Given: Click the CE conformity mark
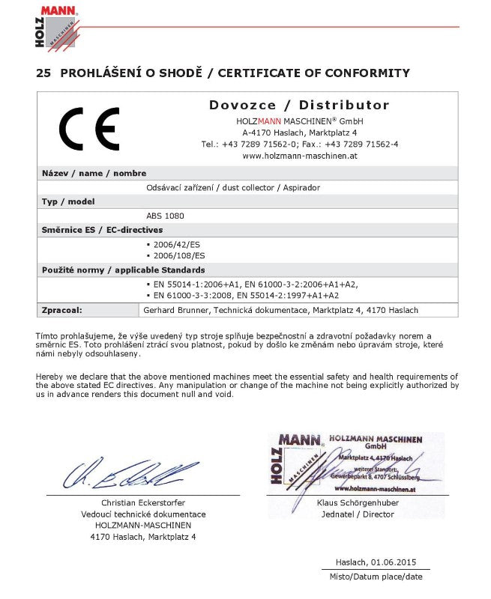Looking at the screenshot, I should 89,130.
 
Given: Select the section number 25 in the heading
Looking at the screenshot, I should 43,73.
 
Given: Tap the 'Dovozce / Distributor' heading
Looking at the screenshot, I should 299,105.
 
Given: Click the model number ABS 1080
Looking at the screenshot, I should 165,216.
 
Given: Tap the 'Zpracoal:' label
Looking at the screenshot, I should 61,310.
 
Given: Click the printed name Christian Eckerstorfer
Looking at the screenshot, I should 143,502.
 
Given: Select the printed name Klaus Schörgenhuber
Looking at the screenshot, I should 358,502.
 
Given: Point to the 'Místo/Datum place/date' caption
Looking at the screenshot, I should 376,577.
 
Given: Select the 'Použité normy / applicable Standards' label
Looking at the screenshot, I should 124,270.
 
